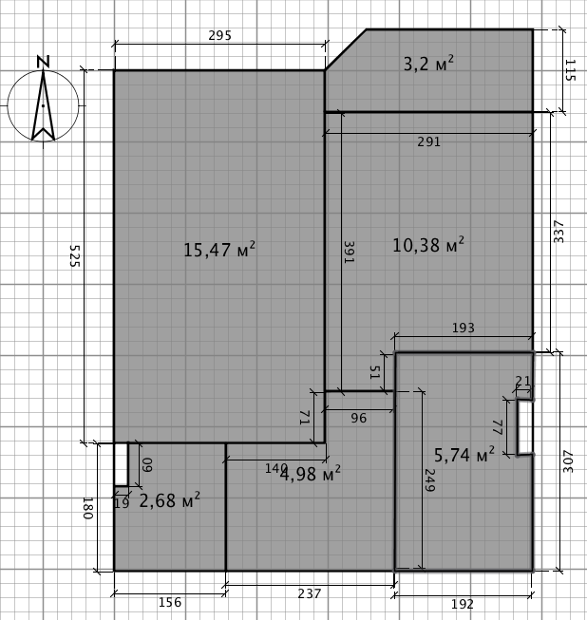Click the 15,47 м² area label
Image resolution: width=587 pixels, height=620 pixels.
pyautogui.click(x=219, y=250)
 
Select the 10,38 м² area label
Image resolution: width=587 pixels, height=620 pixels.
pyautogui.click(x=428, y=245)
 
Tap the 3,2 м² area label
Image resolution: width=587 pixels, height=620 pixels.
pyautogui.click(x=428, y=64)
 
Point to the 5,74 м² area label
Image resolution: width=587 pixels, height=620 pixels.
pyautogui.click(x=464, y=455)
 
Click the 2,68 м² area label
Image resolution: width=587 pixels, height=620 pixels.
pyautogui.click(x=170, y=500)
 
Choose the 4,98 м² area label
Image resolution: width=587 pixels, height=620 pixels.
pyautogui.click(x=310, y=474)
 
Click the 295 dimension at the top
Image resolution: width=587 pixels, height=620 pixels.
pyautogui.click(x=220, y=35)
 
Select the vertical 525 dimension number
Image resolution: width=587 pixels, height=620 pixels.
pyautogui.click(x=75, y=255)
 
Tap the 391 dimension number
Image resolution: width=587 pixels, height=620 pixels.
pyautogui.click(x=349, y=253)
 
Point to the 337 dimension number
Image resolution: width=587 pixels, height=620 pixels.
pyautogui.click(x=559, y=232)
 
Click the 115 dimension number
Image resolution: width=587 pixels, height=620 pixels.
pyautogui.click(x=571, y=70)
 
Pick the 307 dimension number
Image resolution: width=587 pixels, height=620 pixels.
pyautogui.click(x=568, y=461)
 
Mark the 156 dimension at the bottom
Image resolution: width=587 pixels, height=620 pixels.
pyautogui.click(x=170, y=602)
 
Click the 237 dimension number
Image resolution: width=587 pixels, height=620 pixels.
pyautogui.click(x=310, y=593)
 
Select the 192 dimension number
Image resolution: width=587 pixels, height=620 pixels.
pyautogui.click(x=463, y=604)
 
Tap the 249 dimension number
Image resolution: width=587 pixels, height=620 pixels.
pyautogui.click(x=429, y=480)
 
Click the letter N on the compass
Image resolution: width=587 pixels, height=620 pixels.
pyautogui.click(x=43, y=62)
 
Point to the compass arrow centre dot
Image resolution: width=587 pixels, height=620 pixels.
pyautogui.click(x=43, y=105)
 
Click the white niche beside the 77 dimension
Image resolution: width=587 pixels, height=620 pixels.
pyautogui.click(x=524, y=427)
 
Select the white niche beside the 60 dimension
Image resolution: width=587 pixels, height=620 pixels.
pyautogui.click(x=121, y=464)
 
